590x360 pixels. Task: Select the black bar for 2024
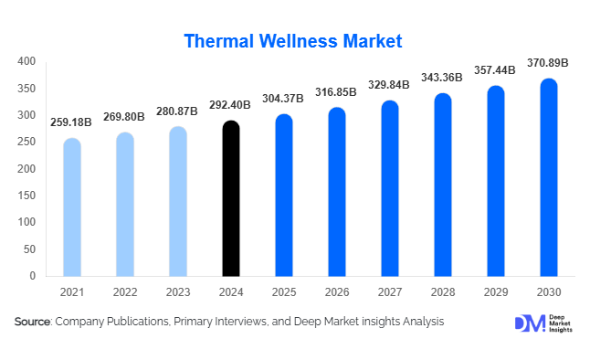tap(232, 198)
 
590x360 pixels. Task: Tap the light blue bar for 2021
tap(72, 207)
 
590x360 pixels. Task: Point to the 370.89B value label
tap(548, 63)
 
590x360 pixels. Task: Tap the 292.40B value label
tap(232, 105)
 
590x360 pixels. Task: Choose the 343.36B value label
tap(442, 79)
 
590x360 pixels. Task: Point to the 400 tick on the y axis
tap(26, 62)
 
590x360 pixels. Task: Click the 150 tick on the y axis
tap(26, 196)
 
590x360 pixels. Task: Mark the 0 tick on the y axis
tap(32, 275)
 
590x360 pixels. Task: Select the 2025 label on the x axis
tap(284, 291)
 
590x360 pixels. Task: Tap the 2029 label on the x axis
tap(496, 291)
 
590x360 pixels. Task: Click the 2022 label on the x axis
tap(125, 291)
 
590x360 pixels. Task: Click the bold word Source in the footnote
tap(33, 322)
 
